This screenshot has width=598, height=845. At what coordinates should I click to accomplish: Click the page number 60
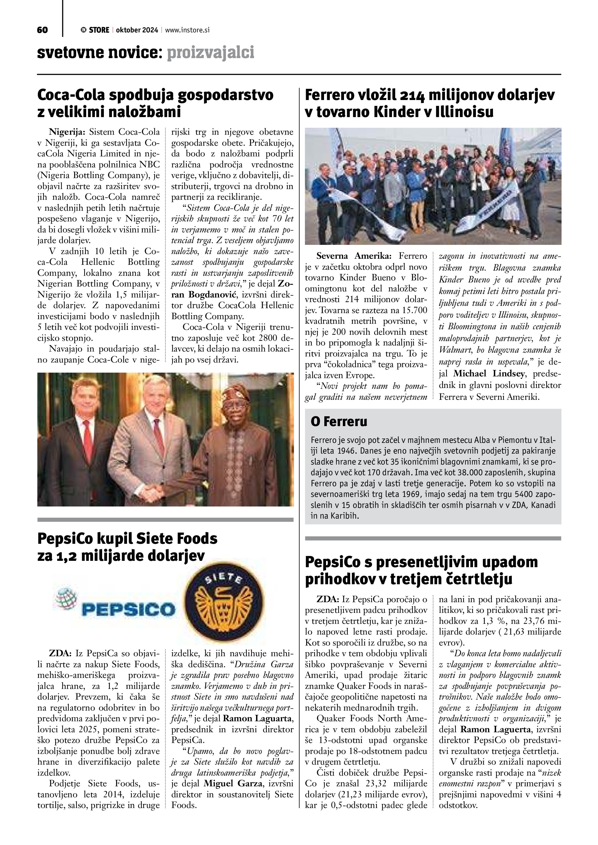point(42,30)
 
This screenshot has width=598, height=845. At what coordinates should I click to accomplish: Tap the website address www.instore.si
point(187,30)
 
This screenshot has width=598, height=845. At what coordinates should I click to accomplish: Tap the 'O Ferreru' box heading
point(339,422)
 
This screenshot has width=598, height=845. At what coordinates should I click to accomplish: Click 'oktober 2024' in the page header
point(137,30)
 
